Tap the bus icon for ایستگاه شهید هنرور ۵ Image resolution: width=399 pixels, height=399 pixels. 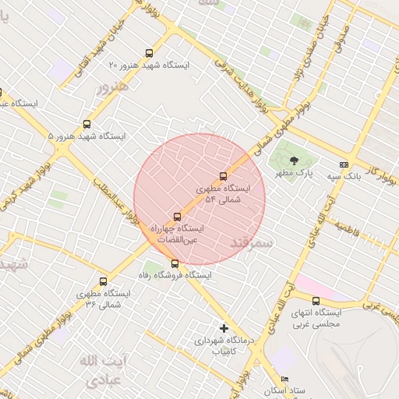pyautogui.click(x=87, y=124)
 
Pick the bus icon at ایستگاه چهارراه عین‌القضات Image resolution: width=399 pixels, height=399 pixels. pyautogui.click(x=177, y=217)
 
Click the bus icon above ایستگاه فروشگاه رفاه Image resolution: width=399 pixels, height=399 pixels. pyautogui.click(x=175, y=263)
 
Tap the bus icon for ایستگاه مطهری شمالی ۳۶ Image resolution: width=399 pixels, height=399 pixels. pyautogui.click(x=103, y=281)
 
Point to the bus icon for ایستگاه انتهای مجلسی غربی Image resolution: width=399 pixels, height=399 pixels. pyautogui.click(x=316, y=301)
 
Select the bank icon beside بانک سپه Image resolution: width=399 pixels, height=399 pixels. pyautogui.click(x=344, y=164)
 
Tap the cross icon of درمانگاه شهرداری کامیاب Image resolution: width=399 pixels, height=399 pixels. pyautogui.click(x=224, y=328)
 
